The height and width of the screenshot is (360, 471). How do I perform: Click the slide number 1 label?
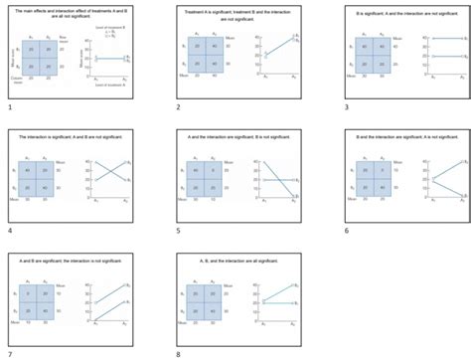pyautogui.click(x=9, y=105)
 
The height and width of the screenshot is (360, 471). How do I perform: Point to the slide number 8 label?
pyautogui.click(x=177, y=353)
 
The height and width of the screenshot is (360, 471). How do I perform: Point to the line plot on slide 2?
pyautogui.click(x=273, y=55)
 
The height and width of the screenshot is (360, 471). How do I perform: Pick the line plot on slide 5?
pyautogui.click(x=273, y=179)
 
